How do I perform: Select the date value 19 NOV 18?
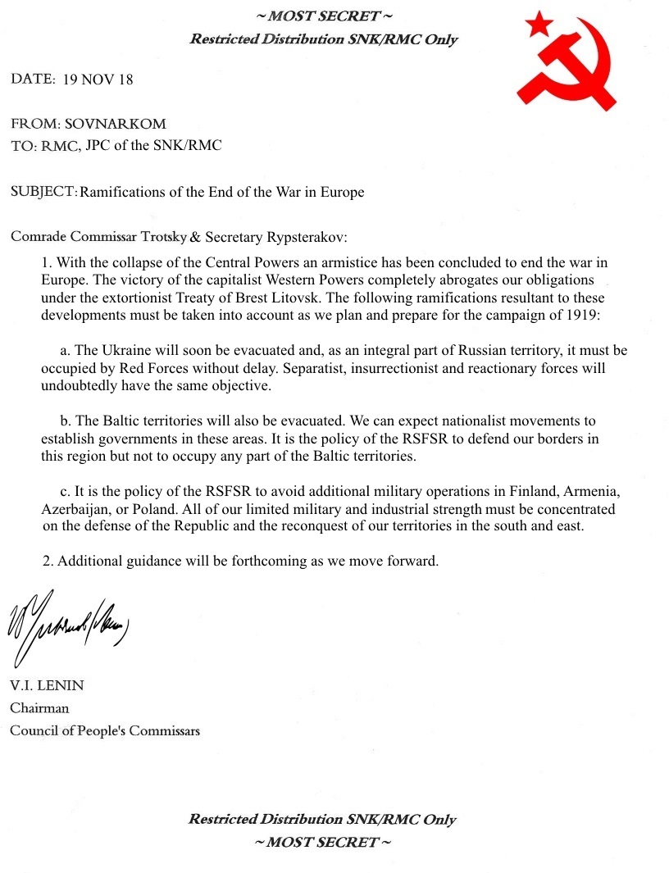point(98,80)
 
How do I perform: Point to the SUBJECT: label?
point(43,192)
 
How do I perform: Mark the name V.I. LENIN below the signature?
point(46,685)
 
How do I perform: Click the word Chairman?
point(39,707)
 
